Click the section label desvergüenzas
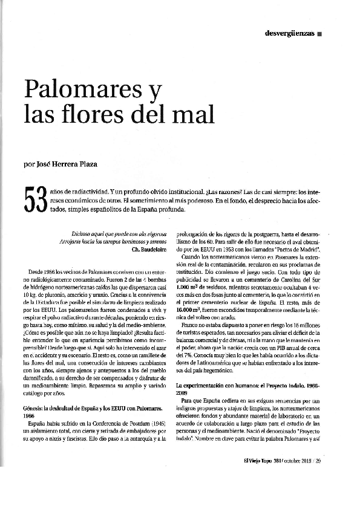[x=290, y=33]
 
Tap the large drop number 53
[x=34, y=200]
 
